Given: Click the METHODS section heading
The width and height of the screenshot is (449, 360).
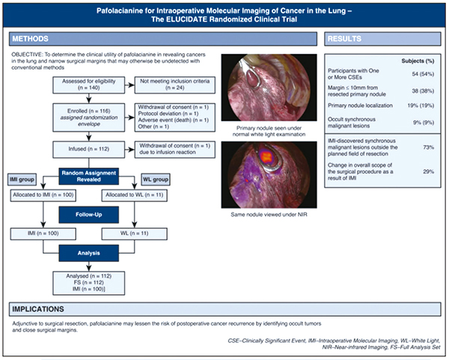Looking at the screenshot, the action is pyautogui.click(x=31, y=39).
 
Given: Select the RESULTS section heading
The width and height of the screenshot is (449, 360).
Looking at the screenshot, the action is pyautogui.click(x=344, y=39).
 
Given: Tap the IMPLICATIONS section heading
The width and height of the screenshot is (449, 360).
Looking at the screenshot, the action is pyautogui.click(x=38, y=309).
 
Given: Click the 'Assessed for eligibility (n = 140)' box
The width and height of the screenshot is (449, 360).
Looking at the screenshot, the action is pyautogui.click(x=89, y=85).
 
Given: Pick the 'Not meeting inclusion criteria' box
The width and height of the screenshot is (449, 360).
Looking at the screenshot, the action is pyautogui.click(x=175, y=85).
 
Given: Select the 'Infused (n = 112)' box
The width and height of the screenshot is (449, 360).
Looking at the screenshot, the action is pyautogui.click(x=89, y=149).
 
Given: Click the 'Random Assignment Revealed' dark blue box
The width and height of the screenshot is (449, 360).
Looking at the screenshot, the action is pyautogui.click(x=89, y=176).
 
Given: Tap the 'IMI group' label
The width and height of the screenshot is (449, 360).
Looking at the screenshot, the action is pyautogui.click(x=22, y=180).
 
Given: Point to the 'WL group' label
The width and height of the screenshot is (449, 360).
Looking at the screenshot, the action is pyautogui.click(x=156, y=180).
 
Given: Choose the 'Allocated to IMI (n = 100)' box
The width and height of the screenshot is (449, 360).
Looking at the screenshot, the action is pyautogui.click(x=43, y=195).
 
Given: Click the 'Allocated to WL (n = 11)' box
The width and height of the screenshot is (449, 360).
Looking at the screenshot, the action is pyautogui.click(x=134, y=195).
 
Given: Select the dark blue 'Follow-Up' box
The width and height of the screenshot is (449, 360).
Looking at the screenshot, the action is pyautogui.click(x=89, y=215).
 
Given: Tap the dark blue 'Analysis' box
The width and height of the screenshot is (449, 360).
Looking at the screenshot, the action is pyautogui.click(x=89, y=253).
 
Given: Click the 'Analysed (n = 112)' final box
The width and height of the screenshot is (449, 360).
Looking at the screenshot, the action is pyautogui.click(x=89, y=283).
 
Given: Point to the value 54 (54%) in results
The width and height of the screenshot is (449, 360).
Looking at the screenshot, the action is pyautogui.click(x=423, y=74).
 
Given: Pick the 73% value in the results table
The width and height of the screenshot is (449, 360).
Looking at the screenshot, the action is pyautogui.click(x=428, y=147).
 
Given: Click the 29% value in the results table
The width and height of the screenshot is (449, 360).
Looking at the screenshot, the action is pyautogui.click(x=428, y=171).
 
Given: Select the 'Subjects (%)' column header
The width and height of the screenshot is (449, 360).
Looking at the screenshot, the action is pyautogui.click(x=418, y=61).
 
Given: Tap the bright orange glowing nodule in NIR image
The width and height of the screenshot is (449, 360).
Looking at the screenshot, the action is pyautogui.click(x=266, y=156).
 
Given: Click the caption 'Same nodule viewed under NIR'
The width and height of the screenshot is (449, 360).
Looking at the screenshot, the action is pyautogui.click(x=269, y=215).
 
